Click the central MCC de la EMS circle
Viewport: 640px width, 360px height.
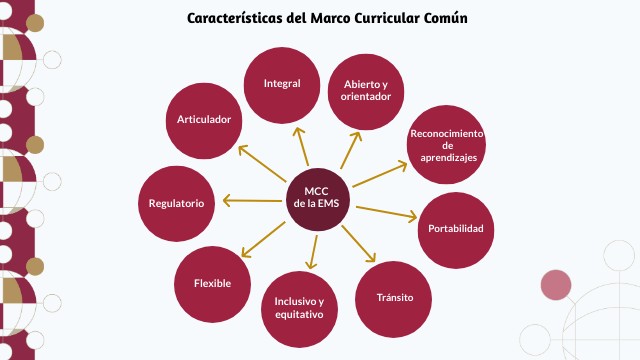313,195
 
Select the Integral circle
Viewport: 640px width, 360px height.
282,84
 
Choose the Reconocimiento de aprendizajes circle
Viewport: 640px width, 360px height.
447,146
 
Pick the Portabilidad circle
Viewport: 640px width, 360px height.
455,229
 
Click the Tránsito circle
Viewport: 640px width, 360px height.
394,298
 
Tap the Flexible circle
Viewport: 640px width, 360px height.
212,283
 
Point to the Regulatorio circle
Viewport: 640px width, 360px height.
176,203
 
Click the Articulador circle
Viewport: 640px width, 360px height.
204,120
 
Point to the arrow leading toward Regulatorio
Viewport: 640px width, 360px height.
252,202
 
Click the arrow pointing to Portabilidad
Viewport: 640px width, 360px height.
385,213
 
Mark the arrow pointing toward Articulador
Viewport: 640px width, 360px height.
262,163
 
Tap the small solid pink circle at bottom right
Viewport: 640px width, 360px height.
555,285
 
